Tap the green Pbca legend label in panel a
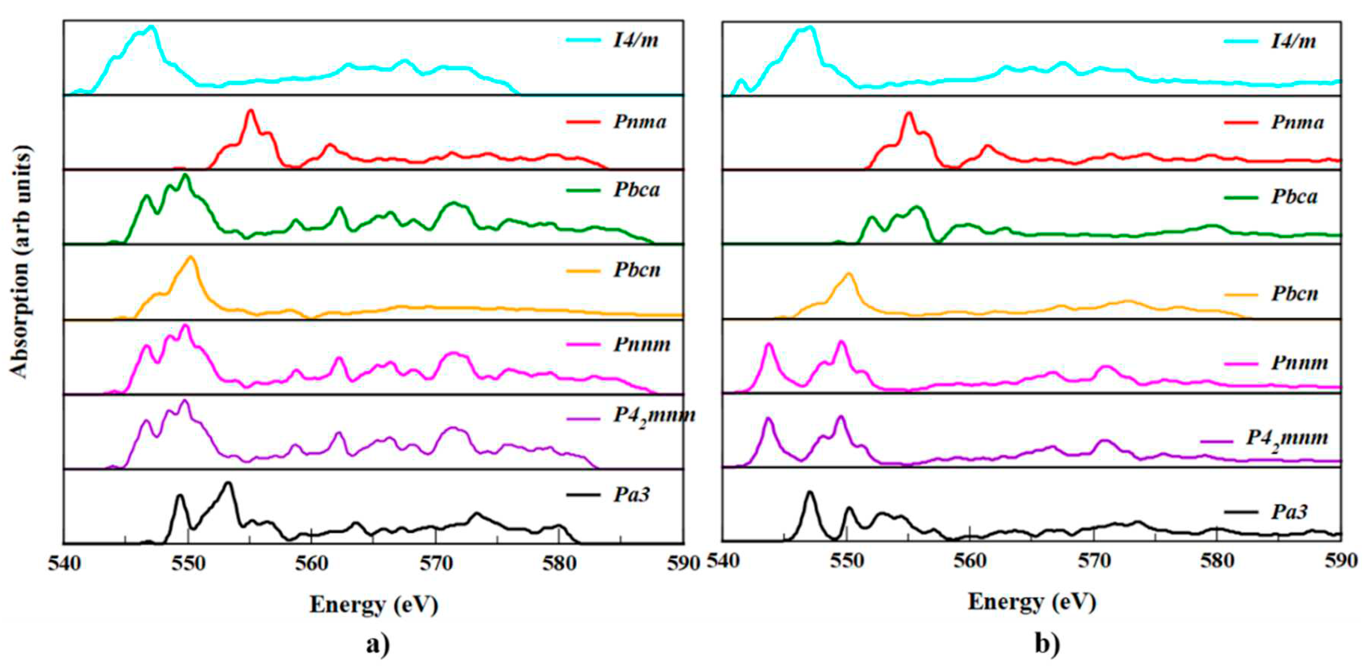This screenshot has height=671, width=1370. pos(637,190)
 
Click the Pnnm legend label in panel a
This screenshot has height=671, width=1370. pos(642,344)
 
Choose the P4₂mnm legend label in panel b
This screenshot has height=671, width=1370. pos(1287,438)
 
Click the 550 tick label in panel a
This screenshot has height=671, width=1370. pos(187,563)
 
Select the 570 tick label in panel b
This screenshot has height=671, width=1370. pos(1093,561)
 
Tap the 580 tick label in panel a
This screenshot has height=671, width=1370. pos(559,563)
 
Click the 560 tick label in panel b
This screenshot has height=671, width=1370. pos(970,561)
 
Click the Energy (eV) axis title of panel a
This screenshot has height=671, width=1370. pos(374,605)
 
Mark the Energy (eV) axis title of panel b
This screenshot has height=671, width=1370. pos(1032,602)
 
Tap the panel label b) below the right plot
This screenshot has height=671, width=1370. pos(1047,644)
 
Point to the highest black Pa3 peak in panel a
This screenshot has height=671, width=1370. pos(229,483)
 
